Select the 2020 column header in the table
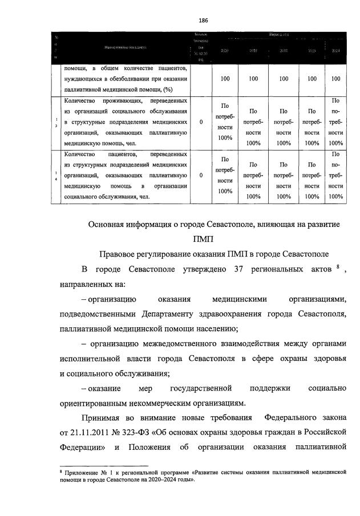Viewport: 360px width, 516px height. coord(224,51)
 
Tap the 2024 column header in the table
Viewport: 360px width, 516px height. coord(336,51)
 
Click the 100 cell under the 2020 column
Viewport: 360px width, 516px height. coord(225,79)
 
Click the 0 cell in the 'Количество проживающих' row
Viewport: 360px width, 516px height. coord(201,122)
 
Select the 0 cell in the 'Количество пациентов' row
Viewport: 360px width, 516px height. coord(201,176)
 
